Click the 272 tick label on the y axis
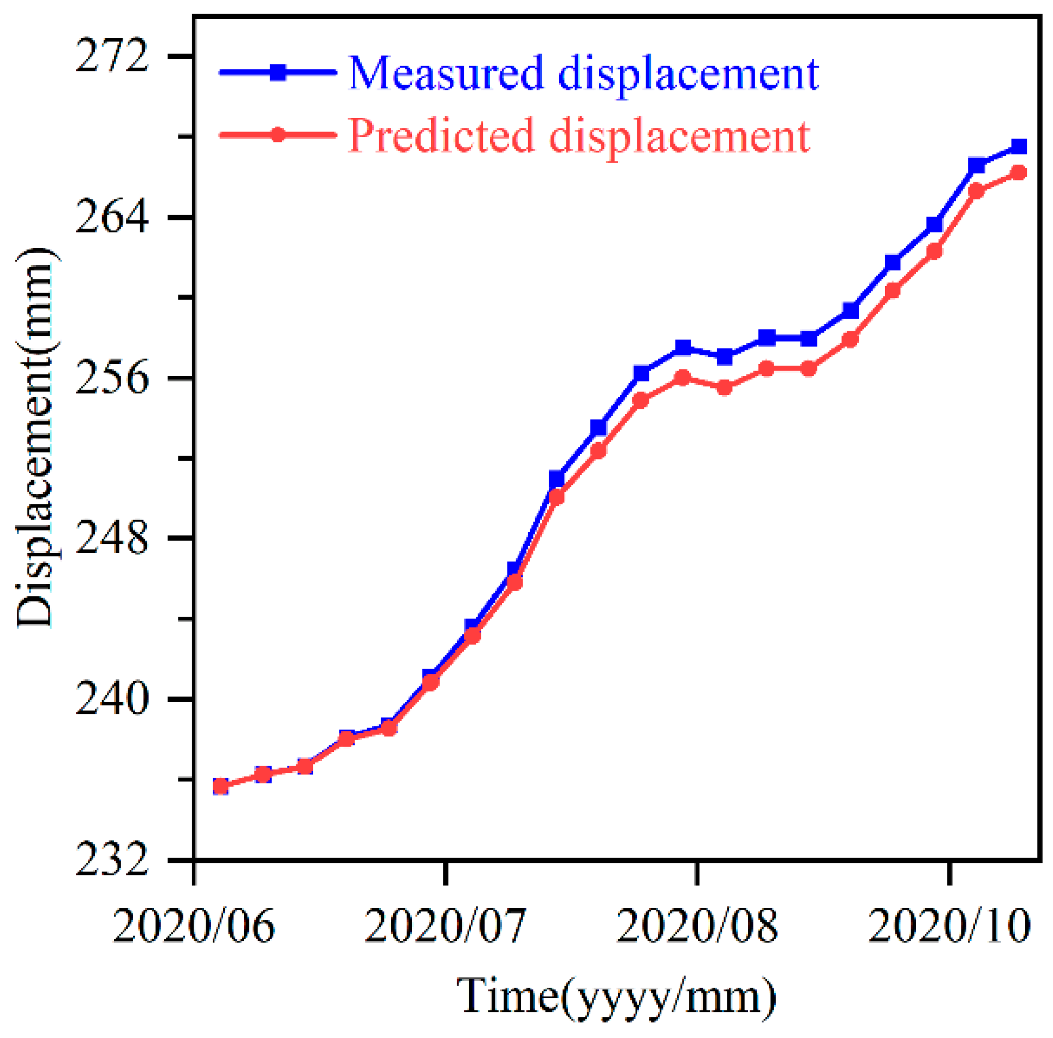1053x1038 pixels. tap(112, 56)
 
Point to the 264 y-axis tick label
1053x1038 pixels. tap(112, 217)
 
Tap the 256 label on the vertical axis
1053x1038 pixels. tap(112, 378)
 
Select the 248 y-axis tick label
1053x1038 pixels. tap(112, 538)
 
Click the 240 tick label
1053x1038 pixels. tap(112, 699)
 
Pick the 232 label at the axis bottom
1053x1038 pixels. tap(112, 860)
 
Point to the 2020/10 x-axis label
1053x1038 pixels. tap(949, 927)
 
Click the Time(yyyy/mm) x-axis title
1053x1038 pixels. tap(617, 998)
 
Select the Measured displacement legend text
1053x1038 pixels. tap(583, 73)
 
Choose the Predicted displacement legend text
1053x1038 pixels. tap(579, 136)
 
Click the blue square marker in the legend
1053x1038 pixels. tap(278, 72)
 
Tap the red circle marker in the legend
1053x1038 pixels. tap(278, 135)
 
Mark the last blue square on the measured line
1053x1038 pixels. tap(1019, 146)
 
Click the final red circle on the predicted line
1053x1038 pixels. tap(1019, 173)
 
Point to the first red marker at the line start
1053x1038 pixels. tap(220, 786)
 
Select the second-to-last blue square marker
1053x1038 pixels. tap(977, 165)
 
